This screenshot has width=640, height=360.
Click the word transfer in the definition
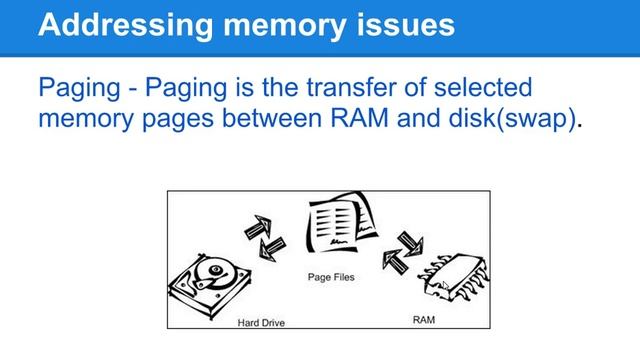pos(351,87)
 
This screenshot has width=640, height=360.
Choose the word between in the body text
pos(271,118)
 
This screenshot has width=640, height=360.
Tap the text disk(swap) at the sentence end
pos(512,119)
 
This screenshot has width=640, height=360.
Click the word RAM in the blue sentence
pos(359,118)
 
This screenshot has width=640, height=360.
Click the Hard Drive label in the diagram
pos(261,323)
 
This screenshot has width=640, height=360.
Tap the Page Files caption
pos(331,277)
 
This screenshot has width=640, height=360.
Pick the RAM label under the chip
pos(424,320)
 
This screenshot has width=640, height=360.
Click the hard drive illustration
pos(210,284)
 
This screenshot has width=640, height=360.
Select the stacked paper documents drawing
pos(341,222)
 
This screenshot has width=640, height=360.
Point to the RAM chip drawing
pos(454,276)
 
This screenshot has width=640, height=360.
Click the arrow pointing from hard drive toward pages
pos(258,227)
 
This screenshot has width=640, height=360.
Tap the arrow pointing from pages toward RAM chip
pos(411,243)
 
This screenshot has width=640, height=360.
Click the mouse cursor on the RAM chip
pos(445,284)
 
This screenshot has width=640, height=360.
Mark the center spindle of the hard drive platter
pos(215,269)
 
